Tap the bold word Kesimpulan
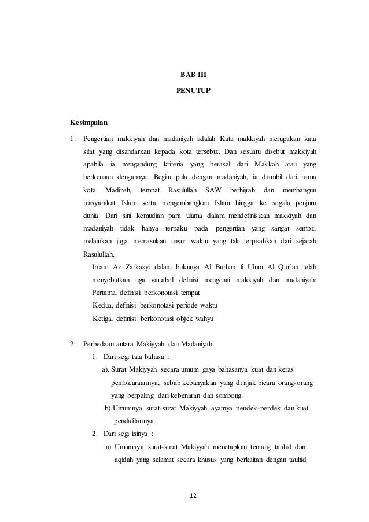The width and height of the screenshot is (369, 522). [x=89, y=123]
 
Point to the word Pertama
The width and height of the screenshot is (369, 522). [x=104, y=293]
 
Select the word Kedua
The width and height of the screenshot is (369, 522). [x=103, y=305]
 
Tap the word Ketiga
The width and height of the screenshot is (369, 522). [x=104, y=318]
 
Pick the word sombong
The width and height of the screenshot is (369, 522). [x=229, y=395]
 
